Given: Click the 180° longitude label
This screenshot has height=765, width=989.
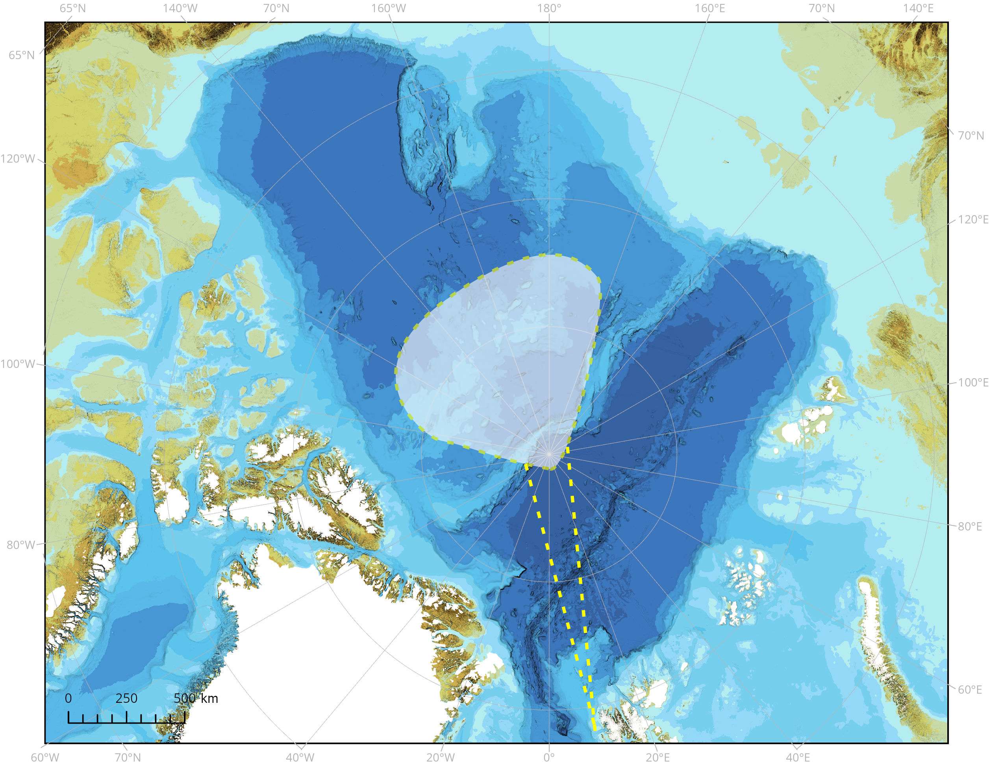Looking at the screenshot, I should [x=549, y=8].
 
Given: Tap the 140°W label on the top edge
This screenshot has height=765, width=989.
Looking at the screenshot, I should [x=180, y=8].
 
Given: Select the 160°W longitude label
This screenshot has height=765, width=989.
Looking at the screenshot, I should [x=389, y=8].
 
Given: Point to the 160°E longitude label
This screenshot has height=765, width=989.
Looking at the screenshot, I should [x=709, y=8].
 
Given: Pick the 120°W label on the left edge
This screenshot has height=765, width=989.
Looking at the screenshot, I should [x=18, y=159].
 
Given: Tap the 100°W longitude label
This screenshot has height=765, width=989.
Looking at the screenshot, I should [x=18, y=364].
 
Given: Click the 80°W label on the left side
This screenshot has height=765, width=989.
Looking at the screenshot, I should [x=21, y=545].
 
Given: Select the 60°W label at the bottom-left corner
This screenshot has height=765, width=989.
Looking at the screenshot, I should [x=45, y=757].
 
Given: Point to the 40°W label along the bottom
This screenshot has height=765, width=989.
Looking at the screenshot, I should [x=300, y=757].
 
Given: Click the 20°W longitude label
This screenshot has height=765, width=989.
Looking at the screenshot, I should [x=441, y=757].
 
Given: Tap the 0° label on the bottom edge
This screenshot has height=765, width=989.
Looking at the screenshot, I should [x=549, y=757].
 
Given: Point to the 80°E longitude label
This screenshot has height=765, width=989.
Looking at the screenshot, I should [x=970, y=526].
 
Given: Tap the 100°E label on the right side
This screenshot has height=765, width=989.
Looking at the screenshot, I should [x=973, y=382].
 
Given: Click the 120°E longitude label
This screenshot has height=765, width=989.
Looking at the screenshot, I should [x=973, y=220].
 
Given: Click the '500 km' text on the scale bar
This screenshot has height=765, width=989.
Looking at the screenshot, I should [x=196, y=698].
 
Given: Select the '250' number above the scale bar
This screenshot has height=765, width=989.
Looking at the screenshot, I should [x=126, y=698].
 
